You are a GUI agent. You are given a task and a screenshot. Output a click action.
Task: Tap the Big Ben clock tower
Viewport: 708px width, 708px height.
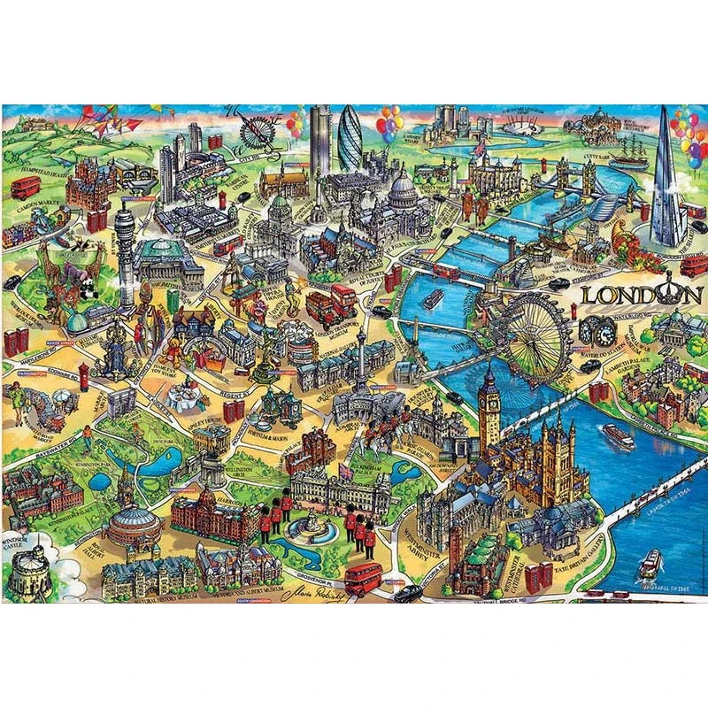(489, 407)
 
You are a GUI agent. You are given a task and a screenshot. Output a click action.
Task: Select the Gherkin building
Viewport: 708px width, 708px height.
(350, 140)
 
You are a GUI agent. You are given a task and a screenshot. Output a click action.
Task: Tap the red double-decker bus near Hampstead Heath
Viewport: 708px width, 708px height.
(26, 187)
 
